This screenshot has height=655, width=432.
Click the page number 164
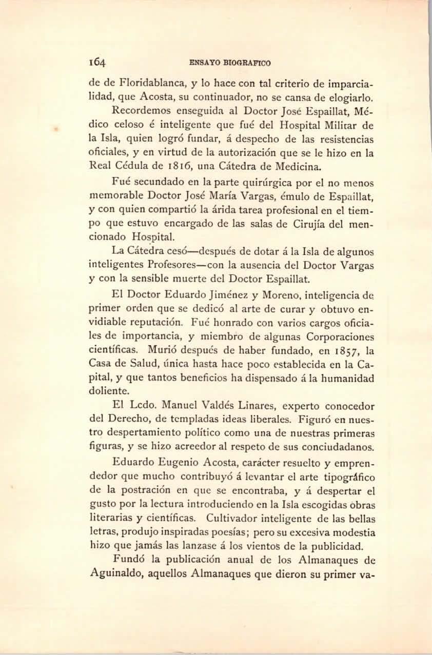[x=97, y=63]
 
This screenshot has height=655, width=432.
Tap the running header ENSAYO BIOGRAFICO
[x=230, y=63]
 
